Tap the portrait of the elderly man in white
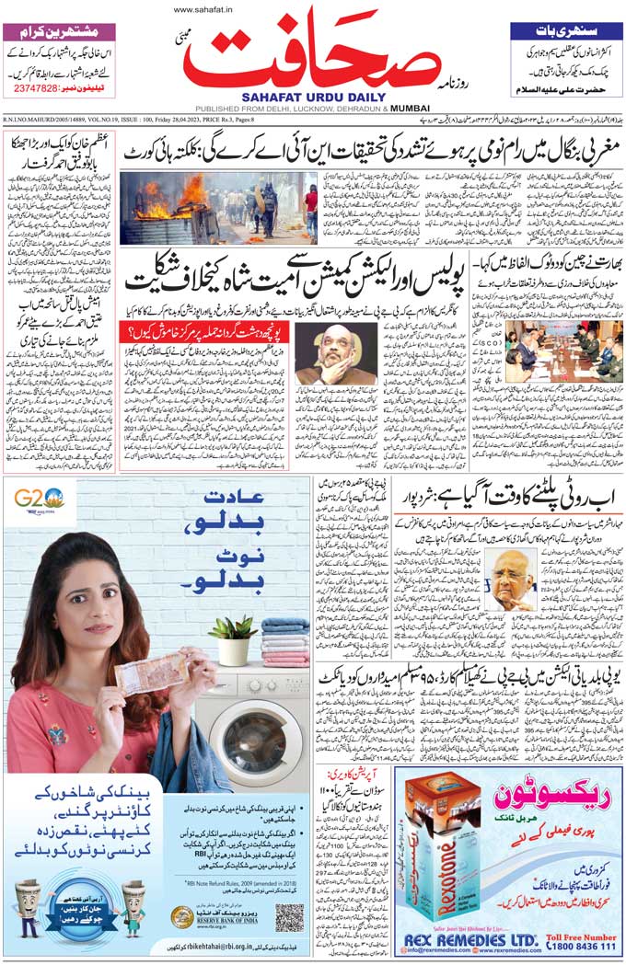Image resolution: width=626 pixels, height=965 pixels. click(513, 580)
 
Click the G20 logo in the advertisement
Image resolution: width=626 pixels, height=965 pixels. click(38, 500)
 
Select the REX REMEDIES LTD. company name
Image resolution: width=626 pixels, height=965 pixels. click(469, 938)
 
